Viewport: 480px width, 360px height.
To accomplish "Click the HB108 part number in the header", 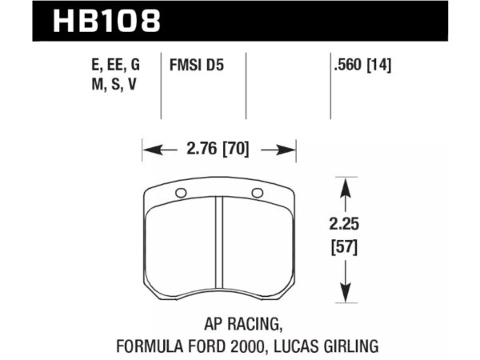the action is coord(106,21).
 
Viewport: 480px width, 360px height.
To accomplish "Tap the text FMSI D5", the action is coord(197,66).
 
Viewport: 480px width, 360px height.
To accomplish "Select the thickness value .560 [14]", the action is coord(362,66).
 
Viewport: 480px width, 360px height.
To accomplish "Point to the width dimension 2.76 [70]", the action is coord(218,149).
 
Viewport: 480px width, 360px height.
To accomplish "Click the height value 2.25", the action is coord(344,224).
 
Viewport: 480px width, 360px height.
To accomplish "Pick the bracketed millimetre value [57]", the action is coord(344,247).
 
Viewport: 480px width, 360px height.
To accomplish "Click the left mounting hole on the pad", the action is coord(181,193).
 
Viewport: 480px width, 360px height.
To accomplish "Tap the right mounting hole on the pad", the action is coord(257,193).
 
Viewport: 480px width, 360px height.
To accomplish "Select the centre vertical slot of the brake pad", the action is coord(219,242).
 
